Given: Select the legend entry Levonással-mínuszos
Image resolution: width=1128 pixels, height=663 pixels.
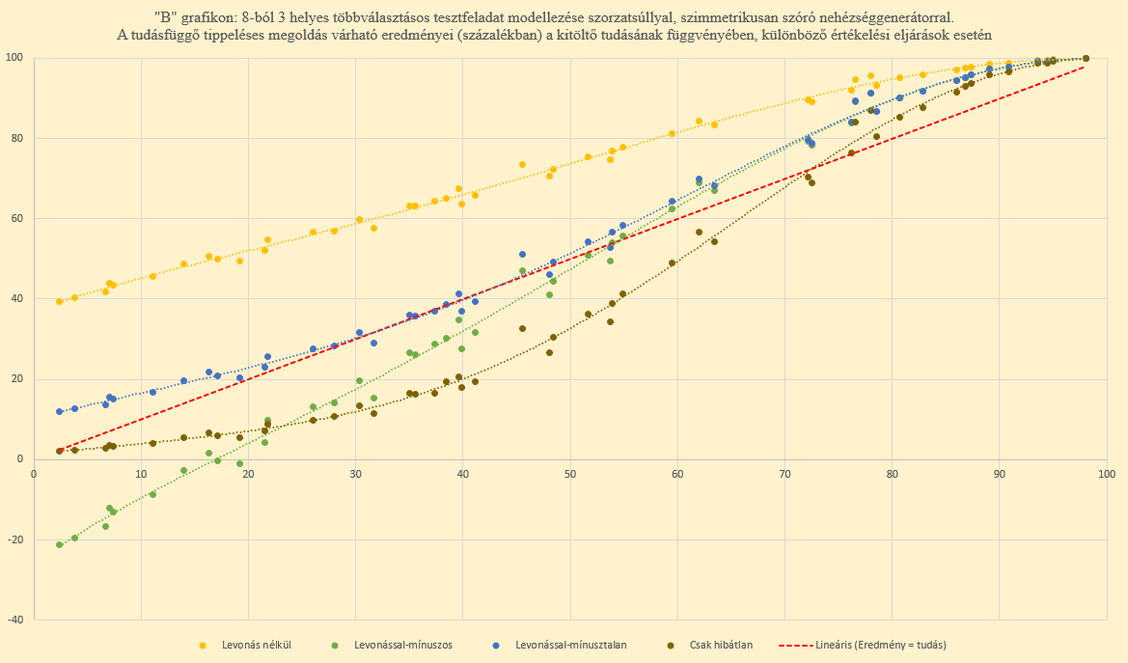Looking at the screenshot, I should coord(404,645).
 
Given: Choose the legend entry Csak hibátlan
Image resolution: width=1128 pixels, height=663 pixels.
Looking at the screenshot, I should coord(723,645).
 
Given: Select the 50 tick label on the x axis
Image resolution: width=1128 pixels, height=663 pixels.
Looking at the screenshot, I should coord(570,473).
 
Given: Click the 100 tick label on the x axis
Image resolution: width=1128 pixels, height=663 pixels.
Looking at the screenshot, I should coord(1106,473).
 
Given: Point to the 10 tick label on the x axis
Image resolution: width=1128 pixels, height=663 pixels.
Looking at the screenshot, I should coord(141,473).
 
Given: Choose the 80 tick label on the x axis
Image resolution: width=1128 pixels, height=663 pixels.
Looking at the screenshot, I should coord(892,473).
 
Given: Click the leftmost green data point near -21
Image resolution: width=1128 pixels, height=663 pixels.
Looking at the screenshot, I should coord(60,544).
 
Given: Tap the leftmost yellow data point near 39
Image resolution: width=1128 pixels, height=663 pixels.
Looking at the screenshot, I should coord(60,301).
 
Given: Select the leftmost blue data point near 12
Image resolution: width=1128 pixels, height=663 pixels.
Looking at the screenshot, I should coord(60,411).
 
